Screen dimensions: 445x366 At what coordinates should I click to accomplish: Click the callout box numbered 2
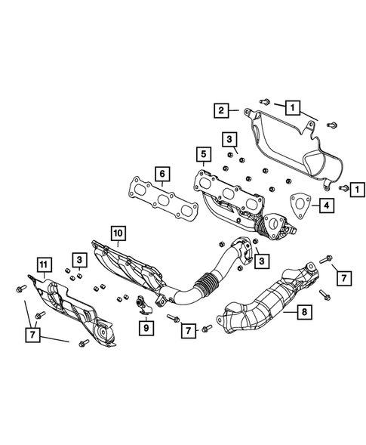221,111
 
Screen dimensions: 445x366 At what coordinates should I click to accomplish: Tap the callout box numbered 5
202,156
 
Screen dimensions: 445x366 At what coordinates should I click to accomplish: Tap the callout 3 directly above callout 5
228,138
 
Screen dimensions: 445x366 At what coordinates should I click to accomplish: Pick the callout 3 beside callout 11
78,261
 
